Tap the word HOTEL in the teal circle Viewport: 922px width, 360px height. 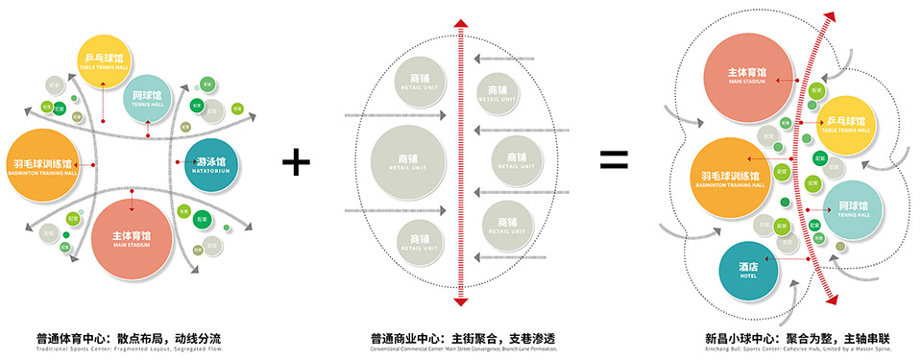pos(748,276)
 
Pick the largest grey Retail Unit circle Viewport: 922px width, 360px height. pos(408,160)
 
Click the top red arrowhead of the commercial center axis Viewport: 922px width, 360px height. pos(462,21)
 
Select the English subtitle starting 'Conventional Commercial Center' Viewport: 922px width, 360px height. pos(462,349)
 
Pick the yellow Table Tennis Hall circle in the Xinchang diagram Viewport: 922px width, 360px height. pos(846,127)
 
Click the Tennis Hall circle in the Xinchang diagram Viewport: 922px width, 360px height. pos(853,210)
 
